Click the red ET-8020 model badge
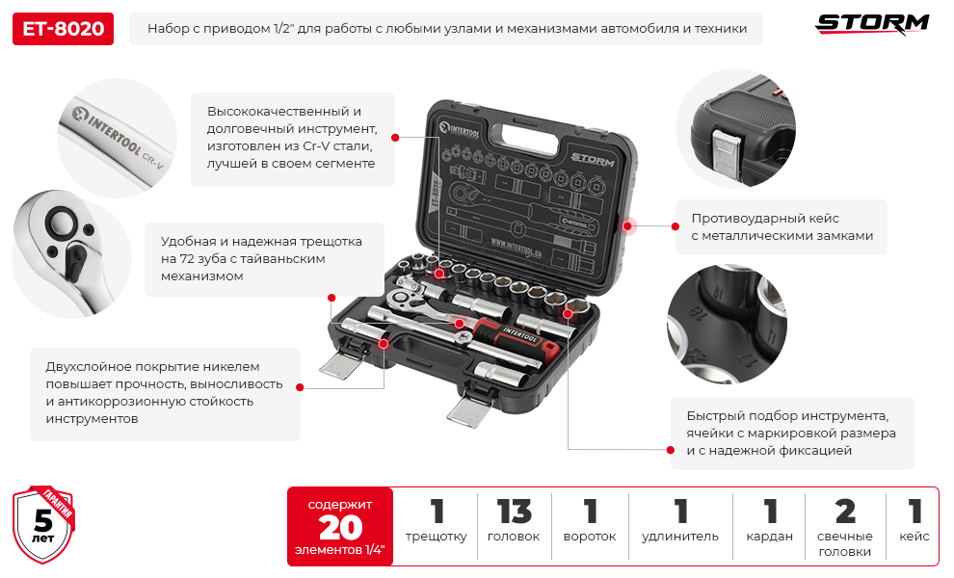[x=63, y=29]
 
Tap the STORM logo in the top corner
[x=872, y=24]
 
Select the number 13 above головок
[x=515, y=512]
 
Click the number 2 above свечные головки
[x=845, y=512]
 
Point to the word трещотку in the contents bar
[x=437, y=537]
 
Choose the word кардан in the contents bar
[x=770, y=537]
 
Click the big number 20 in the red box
[x=340, y=528]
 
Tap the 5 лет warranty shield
[x=43, y=524]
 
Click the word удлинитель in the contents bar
[x=680, y=537]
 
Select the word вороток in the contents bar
[x=590, y=537]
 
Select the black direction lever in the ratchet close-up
[x=76, y=261]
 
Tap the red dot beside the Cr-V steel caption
[x=395, y=138]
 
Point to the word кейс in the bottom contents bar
[x=914, y=537]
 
